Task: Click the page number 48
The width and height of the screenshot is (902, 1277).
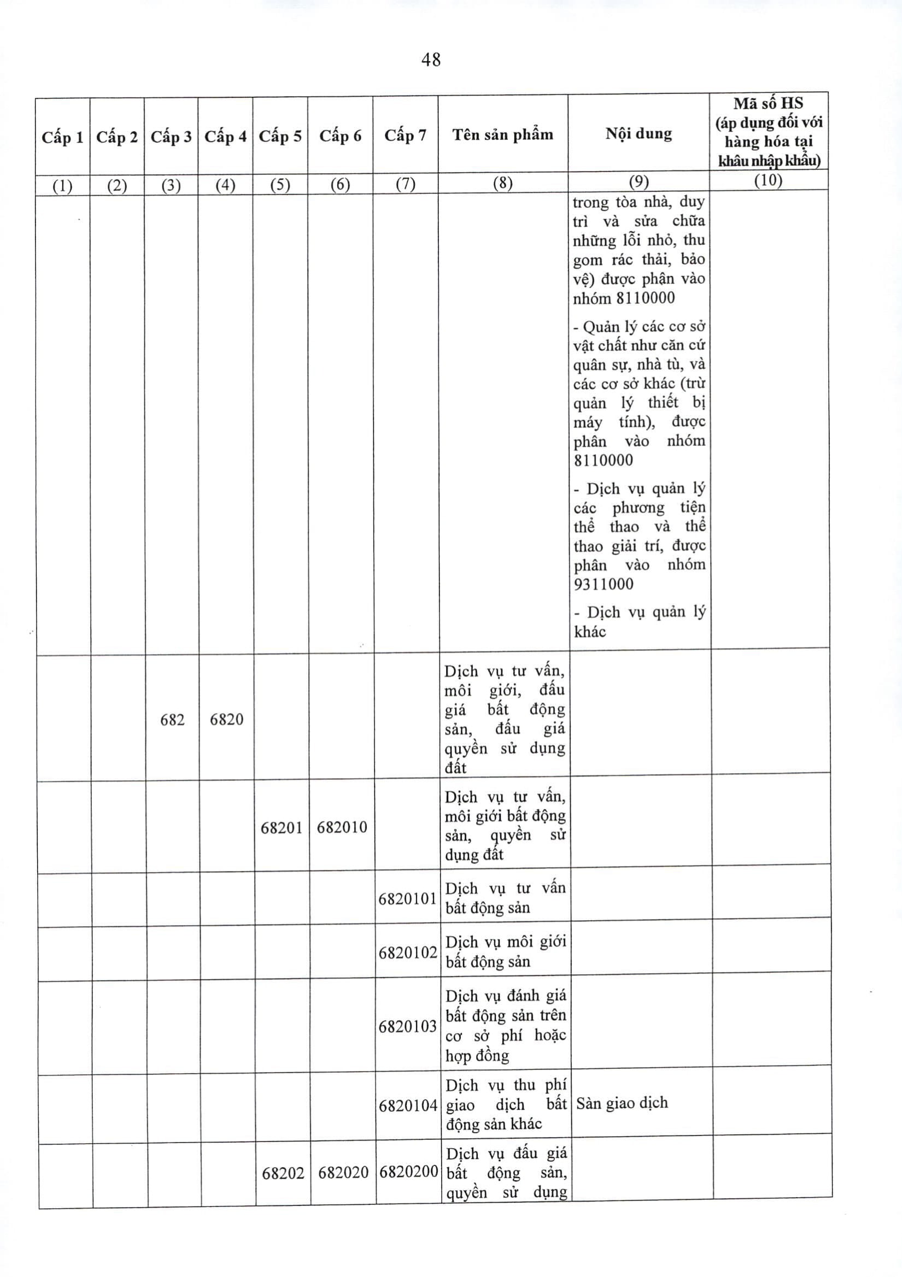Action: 431,60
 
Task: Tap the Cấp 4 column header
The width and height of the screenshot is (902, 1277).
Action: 225,136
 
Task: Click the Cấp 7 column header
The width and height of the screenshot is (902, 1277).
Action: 405,135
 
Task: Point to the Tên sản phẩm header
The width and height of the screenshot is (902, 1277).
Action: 502,134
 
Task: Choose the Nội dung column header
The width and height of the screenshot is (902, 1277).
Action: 639,133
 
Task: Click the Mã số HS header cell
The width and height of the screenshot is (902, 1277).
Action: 769,132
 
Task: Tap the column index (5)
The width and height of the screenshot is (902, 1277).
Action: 280,185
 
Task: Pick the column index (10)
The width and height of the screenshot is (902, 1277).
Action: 768,180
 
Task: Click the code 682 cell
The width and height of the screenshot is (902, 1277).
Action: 172,720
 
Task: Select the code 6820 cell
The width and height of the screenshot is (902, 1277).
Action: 226,720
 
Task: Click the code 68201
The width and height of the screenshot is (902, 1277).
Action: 282,828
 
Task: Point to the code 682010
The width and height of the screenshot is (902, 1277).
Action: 342,827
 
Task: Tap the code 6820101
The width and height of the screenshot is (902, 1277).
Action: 407,898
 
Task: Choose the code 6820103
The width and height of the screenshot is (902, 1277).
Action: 408,1026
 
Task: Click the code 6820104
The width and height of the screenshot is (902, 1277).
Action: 408,1106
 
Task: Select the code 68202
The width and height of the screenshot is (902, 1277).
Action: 283,1173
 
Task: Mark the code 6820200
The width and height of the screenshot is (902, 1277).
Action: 409,1173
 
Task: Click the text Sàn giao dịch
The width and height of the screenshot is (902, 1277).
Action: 622,1102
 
